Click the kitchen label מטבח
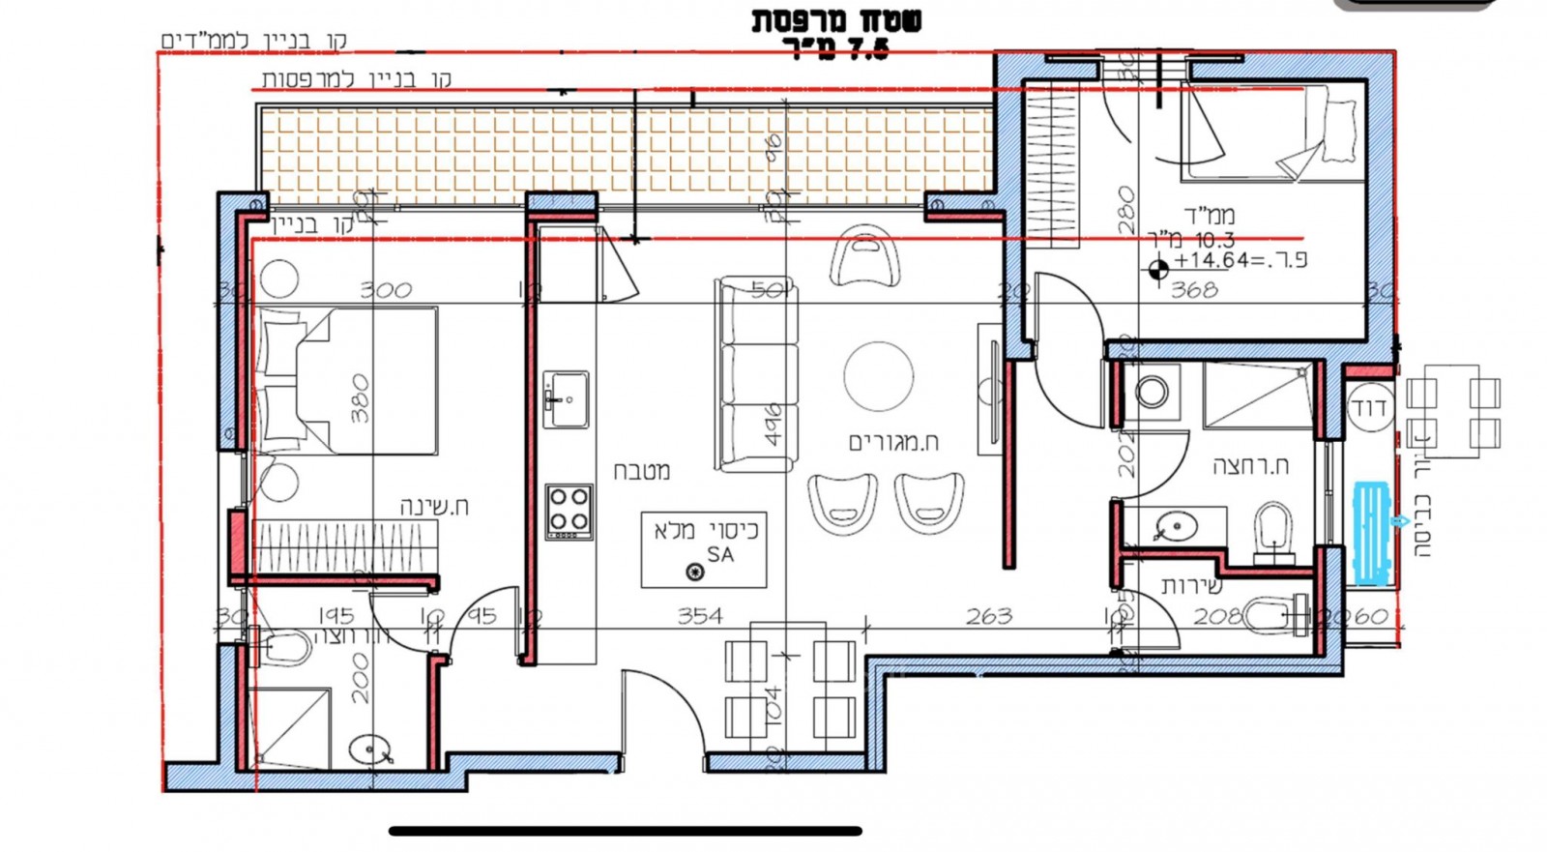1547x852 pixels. (642, 471)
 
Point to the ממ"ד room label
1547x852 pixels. (1209, 216)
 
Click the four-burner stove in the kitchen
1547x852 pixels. (569, 512)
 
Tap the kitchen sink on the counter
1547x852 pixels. (566, 397)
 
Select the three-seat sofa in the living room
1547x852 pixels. (756, 374)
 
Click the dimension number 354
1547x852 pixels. (700, 615)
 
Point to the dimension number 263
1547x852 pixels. (988, 615)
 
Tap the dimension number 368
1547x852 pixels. (1194, 289)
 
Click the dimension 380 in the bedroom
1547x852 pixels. (360, 399)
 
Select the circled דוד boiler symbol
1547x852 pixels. (1371, 408)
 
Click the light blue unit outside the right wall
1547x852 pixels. (1371, 533)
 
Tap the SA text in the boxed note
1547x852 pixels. (720, 554)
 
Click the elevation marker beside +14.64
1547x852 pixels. (1158, 268)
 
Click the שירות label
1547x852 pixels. (1191, 585)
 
